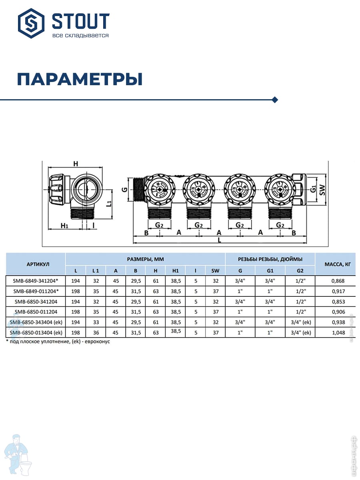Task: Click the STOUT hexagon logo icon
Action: pyautogui.click(x=31, y=23)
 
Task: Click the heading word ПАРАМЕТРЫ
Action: pyautogui.click(x=80, y=79)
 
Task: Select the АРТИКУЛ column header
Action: pyautogui.click(x=38, y=264)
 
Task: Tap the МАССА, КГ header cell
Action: pyautogui.click(x=338, y=264)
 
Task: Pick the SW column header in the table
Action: pyautogui.click(x=215, y=271)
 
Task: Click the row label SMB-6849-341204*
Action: pyautogui.click(x=36, y=281)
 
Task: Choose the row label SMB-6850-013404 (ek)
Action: pyautogui.click(x=36, y=333)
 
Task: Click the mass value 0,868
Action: pyautogui.click(x=338, y=281)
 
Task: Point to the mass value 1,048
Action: pyautogui.click(x=338, y=333)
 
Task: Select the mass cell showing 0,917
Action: pyautogui.click(x=338, y=291)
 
